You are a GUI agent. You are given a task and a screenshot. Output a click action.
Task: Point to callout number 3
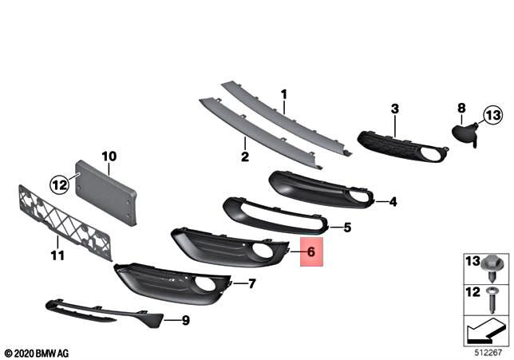pyautogui.click(x=394, y=109)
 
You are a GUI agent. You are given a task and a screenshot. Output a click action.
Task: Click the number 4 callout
pyautogui.click(x=393, y=202)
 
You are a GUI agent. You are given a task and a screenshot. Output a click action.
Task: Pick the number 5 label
pyautogui.click(x=346, y=227)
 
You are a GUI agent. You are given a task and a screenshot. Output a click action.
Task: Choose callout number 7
pyautogui.click(x=251, y=283)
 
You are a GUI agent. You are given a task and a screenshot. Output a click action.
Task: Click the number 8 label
pyautogui.click(x=461, y=107)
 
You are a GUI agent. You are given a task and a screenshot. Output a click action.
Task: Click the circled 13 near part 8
pyautogui.click(x=492, y=116)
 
